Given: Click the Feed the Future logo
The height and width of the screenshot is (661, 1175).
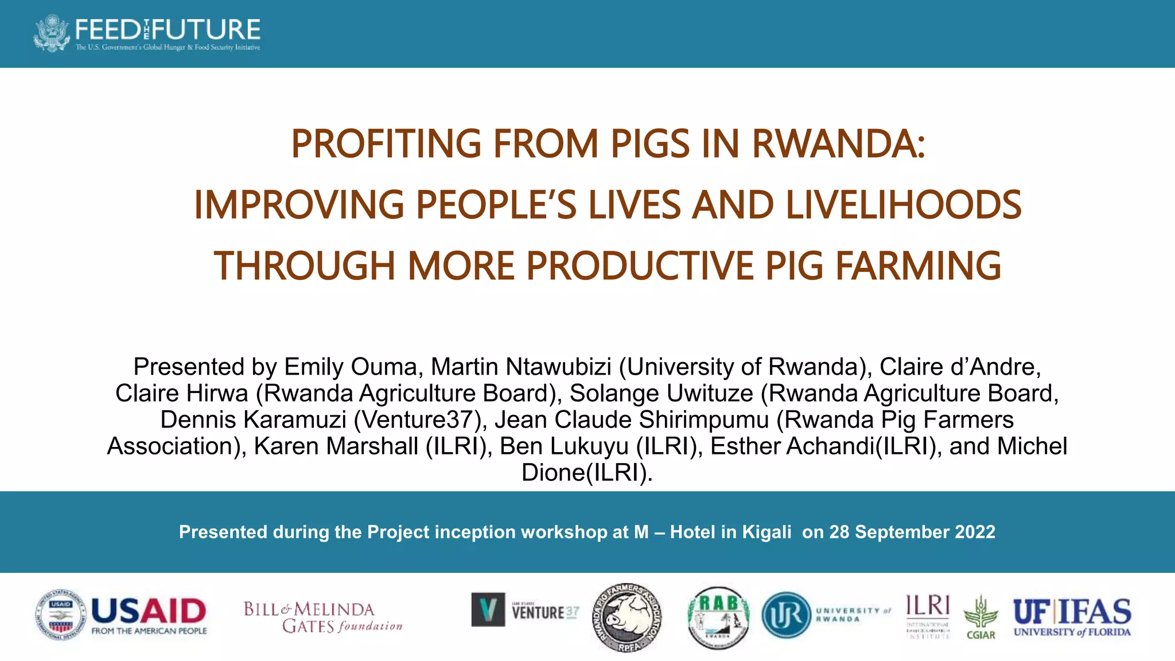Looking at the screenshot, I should pyautogui.click(x=147, y=33).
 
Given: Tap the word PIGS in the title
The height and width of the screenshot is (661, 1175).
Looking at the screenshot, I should pyautogui.click(x=649, y=143).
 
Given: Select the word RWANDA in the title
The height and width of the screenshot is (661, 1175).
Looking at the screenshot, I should pyautogui.click(x=838, y=143).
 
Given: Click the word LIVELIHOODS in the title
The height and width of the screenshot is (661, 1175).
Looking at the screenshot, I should pyautogui.click(x=903, y=205).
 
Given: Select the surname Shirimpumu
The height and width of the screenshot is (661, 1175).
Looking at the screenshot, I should pyautogui.click(x=703, y=419).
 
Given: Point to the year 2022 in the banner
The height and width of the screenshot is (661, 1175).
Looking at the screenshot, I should pyautogui.click(x=975, y=532).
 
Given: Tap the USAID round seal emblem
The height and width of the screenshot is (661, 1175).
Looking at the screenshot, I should pyautogui.click(x=61, y=615).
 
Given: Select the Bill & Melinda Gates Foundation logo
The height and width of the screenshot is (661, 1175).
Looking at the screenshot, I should pyautogui.click(x=322, y=617).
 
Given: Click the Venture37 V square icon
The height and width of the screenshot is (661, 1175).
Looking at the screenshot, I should pyautogui.click(x=488, y=609).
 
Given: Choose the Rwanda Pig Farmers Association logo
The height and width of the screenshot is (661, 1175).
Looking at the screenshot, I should pyautogui.click(x=627, y=618).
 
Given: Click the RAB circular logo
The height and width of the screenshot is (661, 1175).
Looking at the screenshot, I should pyautogui.click(x=718, y=618).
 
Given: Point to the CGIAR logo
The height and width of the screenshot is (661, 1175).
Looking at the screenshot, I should pyautogui.click(x=981, y=617).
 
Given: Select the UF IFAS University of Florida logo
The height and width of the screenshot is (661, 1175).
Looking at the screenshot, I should pyautogui.click(x=1072, y=617).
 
